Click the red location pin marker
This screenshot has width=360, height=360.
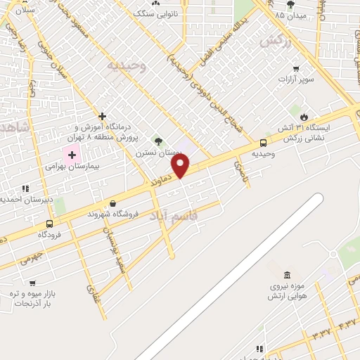click(x=181, y=167)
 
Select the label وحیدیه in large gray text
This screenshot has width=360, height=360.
click(x=126, y=66)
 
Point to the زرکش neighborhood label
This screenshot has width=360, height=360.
click(x=275, y=41)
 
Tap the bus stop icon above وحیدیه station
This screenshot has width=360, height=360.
click(x=264, y=143)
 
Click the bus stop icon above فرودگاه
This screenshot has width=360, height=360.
click(x=49, y=223)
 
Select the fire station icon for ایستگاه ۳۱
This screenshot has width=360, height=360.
click(x=304, y=117)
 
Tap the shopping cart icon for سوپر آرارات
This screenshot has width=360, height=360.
click(x=296, y=68)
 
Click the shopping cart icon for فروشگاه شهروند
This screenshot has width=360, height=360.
click(x=103, y=203)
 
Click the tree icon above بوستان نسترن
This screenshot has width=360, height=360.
click(x=157, y=141)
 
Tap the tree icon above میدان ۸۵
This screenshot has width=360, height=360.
click(x=290, y=4)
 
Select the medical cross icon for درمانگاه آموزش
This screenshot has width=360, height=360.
click(x=103, y=116)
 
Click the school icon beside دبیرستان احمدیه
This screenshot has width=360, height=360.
click(x=25, y=188)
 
